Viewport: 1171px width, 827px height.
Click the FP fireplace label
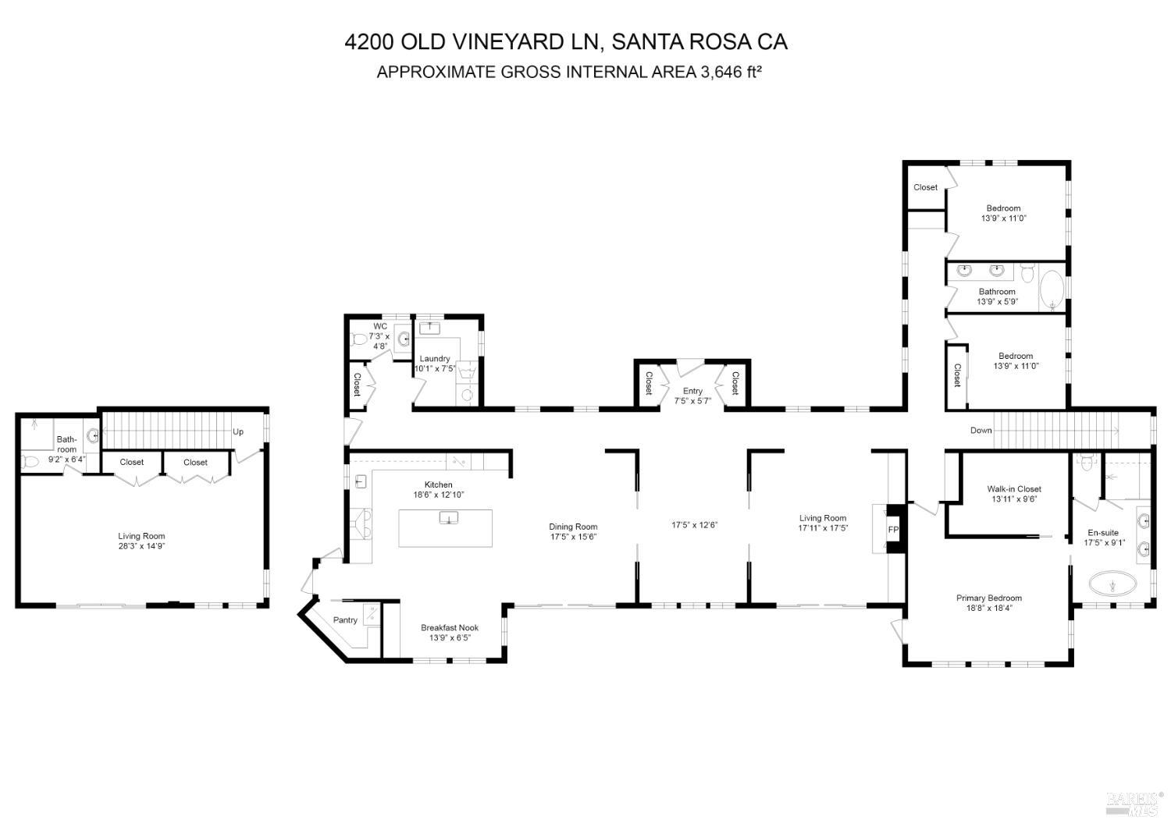(x=894, y=531)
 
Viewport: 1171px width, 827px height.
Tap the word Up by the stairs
(x=238, y=431)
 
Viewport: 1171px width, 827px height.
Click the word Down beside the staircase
(x=981, y=431)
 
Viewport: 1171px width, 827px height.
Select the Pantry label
(x=345, y=620)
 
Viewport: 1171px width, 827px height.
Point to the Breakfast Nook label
(x=450, y=628)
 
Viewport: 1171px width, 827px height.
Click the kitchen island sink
(x=449, y=519)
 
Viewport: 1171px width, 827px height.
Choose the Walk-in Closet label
(x=1014, y=489)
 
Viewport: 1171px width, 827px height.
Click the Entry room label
(x=692, y=391)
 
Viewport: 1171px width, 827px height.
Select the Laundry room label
(x=435, y=359)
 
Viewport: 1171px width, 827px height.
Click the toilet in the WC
(x=360, y=340)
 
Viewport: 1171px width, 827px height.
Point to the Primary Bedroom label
(x=989, y=598)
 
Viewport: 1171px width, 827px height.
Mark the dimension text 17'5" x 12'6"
(x=694, y=525)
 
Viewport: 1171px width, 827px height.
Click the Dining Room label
(x=573, y=527)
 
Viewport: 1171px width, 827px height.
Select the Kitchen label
(x=438, y=485)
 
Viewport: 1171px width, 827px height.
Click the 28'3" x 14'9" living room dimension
(x=141, y=546)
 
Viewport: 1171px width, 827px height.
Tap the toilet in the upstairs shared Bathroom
(x=1027, y=274)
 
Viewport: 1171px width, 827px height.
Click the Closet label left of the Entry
(x=649, y=383)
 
